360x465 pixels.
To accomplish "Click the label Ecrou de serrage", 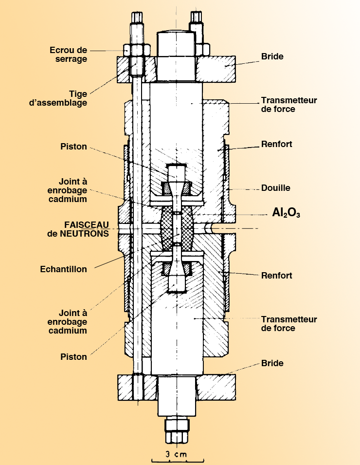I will click(68, 55).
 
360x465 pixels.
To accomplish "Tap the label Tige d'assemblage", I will click(71, 98).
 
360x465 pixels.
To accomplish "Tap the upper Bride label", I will click(272, 56).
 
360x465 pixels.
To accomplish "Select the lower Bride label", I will click(272, 363).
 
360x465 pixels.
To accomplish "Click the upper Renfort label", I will click(277, 145).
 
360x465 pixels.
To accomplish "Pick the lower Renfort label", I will click(277, 276).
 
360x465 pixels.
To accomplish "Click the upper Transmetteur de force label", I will click(289, 105).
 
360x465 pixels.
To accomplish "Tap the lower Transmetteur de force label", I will click(289, 324).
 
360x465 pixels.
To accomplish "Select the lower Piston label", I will click(74, 357).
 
